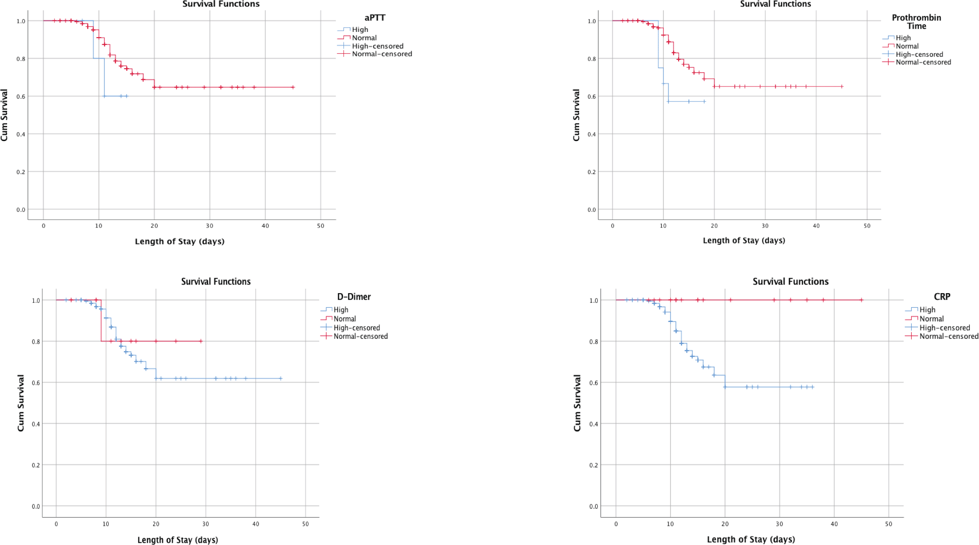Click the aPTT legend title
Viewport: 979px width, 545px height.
[375, 18]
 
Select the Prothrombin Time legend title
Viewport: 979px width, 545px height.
[916, 22]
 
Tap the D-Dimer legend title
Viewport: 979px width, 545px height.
[354, 297]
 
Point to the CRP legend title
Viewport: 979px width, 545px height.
[942, 297]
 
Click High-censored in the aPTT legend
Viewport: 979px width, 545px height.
[377, 46]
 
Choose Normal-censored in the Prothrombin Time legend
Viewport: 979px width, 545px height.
[923, 63]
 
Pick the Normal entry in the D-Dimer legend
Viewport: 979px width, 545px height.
[344, 319]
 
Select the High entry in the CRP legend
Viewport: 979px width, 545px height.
[927, 310]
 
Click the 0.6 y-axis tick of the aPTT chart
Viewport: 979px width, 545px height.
[21, 96]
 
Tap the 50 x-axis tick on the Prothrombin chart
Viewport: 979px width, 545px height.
[867, 226]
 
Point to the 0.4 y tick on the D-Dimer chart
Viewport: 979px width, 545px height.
[36, 424]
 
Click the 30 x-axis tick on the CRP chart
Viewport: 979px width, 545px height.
[779, 524]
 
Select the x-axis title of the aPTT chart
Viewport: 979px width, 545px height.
[180, 242]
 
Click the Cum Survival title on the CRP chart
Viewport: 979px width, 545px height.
[577, 403]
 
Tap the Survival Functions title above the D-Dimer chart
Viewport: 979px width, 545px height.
[216, 282]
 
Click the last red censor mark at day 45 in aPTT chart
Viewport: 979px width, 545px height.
[293, 87]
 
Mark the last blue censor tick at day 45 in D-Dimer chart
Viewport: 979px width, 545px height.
[280, 379]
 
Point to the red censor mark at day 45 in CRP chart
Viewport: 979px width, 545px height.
[861, 300]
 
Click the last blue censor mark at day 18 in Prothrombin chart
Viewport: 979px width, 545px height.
[704, 102]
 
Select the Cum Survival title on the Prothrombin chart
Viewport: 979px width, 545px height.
[576, 115]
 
